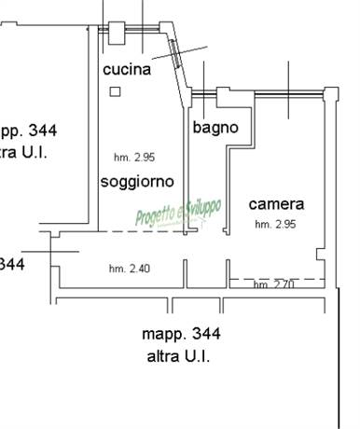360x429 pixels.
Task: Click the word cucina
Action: pos(128,69)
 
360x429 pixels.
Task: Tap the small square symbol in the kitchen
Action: pos(115,91)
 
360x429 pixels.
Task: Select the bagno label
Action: pos(215,128)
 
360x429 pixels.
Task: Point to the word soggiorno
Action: pos(139,181)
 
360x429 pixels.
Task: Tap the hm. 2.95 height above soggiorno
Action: pos(132,159)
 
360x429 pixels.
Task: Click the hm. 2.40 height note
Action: pos(129,269)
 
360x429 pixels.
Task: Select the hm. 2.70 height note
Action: pos(273,285)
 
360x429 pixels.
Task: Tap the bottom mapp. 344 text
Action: pos(182,333)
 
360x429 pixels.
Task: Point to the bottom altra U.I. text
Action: pos(178,356)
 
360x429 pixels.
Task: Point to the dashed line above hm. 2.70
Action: pos(276,278)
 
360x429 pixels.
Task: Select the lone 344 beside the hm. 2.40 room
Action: pos(11,264)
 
